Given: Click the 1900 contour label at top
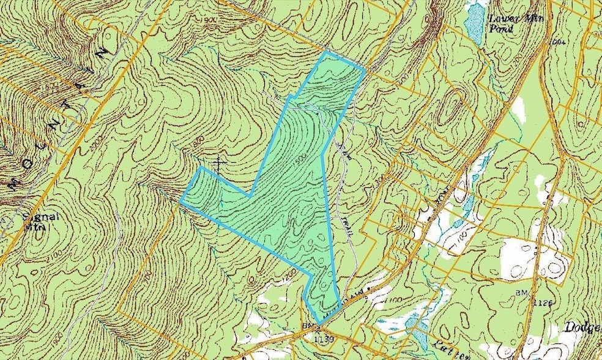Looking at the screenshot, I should tap(208, 20).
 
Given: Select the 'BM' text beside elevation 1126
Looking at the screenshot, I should tap(522, 294).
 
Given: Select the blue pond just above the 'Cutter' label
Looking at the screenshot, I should tap(418, 331).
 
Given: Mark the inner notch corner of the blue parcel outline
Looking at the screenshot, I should tap(248, 195).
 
